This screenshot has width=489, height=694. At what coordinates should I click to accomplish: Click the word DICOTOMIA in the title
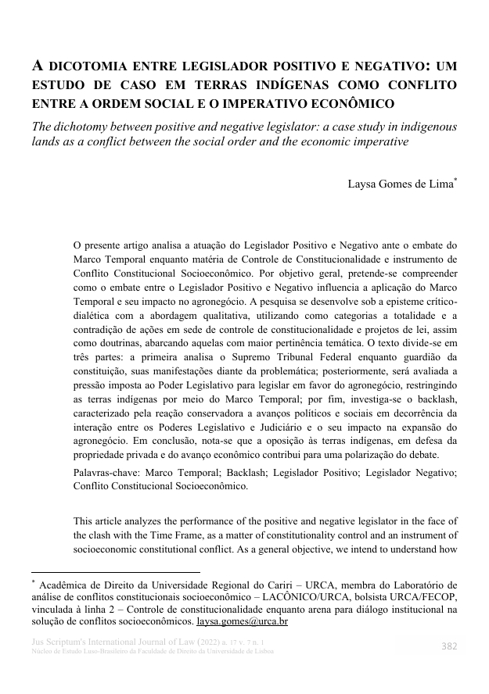[x=84, y=66]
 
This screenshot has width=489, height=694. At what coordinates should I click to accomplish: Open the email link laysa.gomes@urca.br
[x=242, y=621]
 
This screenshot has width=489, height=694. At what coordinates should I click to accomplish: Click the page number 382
[x=449, y=646]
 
